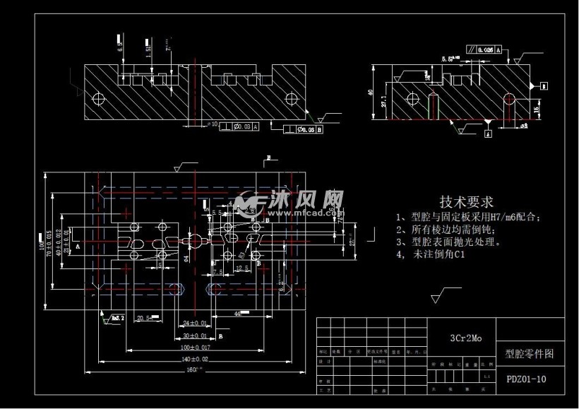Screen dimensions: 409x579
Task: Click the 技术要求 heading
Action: (466, 202)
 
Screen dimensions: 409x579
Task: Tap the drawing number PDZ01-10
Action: (526, 379)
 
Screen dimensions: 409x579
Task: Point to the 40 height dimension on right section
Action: (371, 93)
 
